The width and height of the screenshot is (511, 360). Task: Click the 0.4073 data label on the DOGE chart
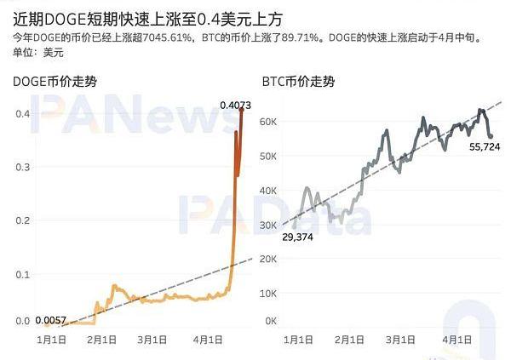pos(235,105)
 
